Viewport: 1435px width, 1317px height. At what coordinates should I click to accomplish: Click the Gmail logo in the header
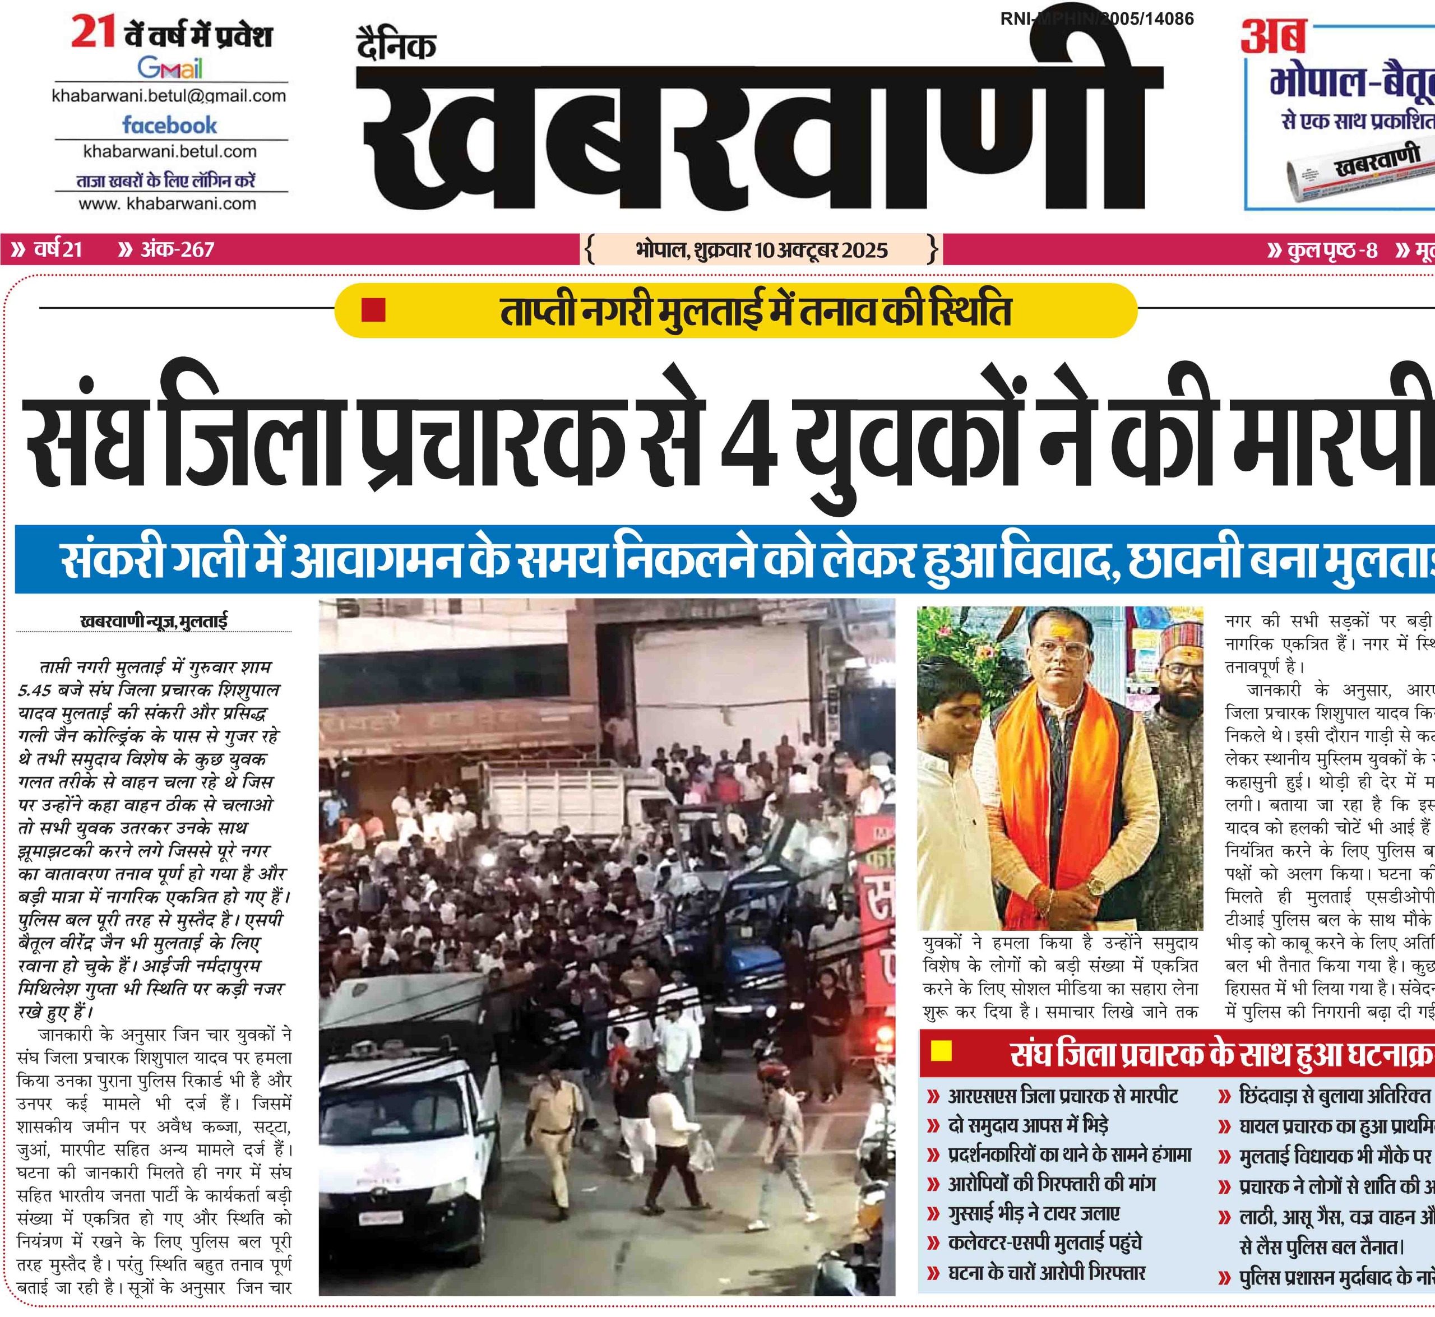click(x=170, y=68)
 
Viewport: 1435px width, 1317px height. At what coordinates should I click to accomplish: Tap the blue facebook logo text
click(x=170, y=126)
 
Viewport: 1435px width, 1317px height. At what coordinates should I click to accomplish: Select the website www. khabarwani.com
click(x=168, y=204)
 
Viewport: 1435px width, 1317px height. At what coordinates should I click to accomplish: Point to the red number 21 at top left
click(x=94, y=34)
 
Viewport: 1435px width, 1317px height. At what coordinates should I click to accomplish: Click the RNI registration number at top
click(x=1097, y=19)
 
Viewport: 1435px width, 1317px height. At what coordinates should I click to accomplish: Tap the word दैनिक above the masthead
click(x=396, y=47)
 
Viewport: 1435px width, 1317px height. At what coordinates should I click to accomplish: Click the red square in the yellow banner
click(x=373, y=310)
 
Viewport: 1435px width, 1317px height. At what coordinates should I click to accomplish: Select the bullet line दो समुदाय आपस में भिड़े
click(x=1028, y=1125)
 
